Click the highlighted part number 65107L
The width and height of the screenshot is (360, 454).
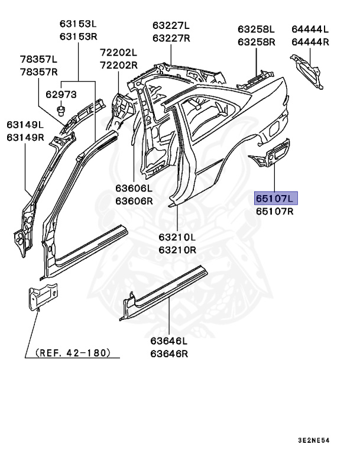[x=276, y=198]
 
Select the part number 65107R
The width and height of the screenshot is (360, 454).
[x=276, y=211]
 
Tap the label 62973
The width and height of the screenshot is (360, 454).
[x=61, y=94]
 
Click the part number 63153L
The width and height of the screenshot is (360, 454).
[x=77, y=24]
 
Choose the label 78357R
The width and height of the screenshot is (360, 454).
[x=39, y=72]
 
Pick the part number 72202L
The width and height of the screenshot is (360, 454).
[x=118, y=53]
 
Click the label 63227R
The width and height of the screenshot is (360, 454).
[x=171, y=38]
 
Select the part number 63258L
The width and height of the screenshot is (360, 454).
[x=257, y=29]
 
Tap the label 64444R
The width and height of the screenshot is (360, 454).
[x=310, y=42]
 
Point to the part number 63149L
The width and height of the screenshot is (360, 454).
[x=25, y=125]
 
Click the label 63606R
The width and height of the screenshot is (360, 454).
[x=134, y=200]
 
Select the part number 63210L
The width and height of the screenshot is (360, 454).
[x=177, y=237]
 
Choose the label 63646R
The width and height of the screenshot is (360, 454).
[x=168, y=354]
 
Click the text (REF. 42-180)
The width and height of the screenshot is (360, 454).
[x=73, y=352]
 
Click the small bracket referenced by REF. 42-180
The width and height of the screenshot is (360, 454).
[x=42, y=295]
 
